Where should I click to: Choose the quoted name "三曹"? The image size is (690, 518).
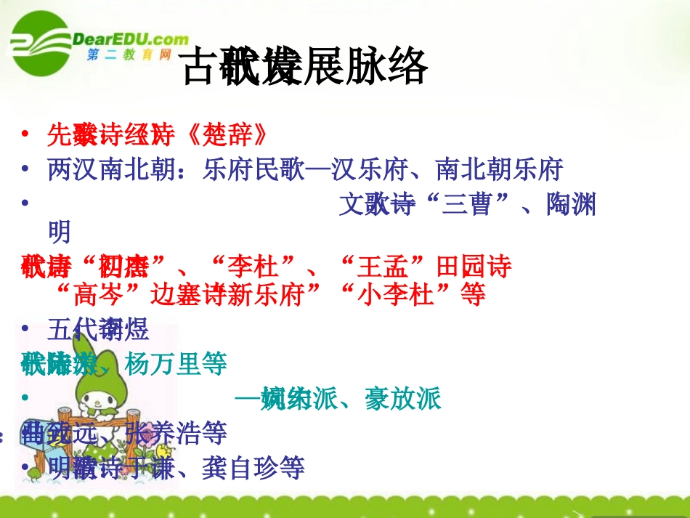[461, 206]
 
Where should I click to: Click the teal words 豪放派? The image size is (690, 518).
[404, 399]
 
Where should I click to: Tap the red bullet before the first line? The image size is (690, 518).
[26, 134]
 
